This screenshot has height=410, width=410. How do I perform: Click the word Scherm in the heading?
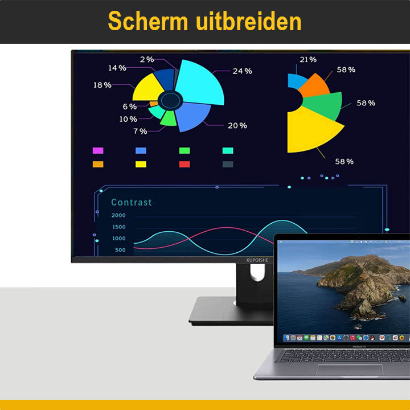[x=148, y=22]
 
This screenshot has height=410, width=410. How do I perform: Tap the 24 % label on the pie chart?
[x=242, y=71]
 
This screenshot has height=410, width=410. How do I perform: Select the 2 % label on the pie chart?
[x=147, y=59]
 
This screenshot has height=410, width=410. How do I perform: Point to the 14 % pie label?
[x=117, y=68]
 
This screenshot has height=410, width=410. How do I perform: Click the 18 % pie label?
[x=102, y=85]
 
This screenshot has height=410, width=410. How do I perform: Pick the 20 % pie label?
[x=237, y=125]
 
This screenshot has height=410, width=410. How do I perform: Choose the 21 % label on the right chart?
[x=308, y=60]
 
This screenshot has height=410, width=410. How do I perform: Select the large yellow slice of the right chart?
[x=310, y=131]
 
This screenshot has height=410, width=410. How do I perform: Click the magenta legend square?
[x=98, y=151]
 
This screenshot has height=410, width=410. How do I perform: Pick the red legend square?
[x=184, y=164]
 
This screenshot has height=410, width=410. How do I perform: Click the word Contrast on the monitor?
[x=132, y=202]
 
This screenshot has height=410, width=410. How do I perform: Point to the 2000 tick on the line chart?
[x=118, y=216]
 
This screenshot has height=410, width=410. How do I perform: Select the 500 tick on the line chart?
[x=120, y=250]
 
